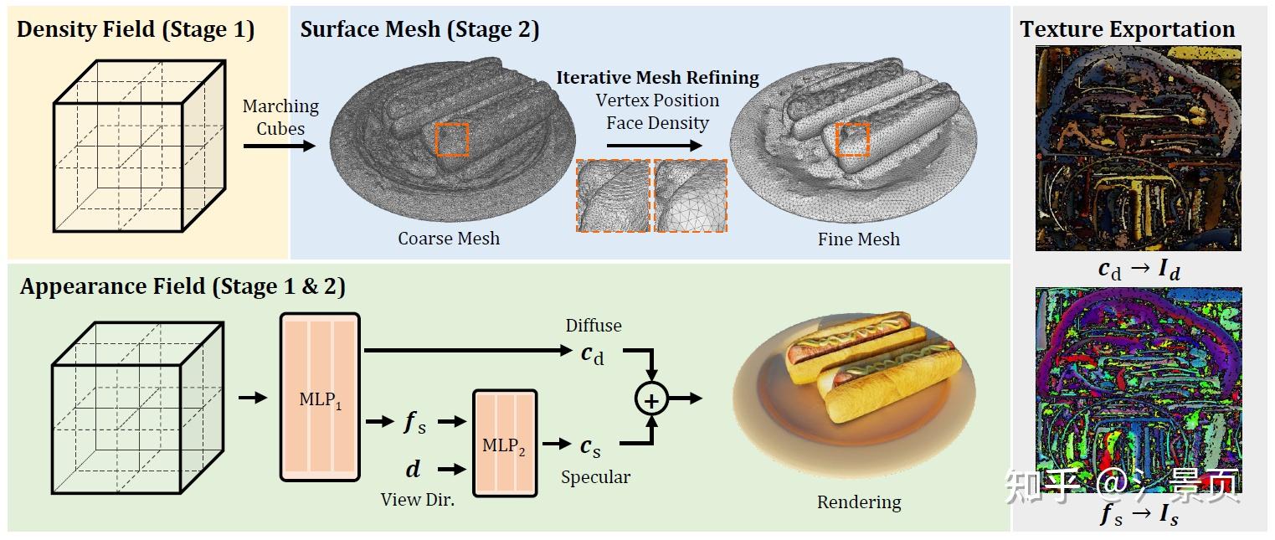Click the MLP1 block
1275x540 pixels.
tap(320, 398)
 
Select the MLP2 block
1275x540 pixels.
tap(504, 444)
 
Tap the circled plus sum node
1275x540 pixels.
tap(650, 399)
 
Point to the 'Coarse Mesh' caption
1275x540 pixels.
tap(449, 239)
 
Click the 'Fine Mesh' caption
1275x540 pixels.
tap(859, 239)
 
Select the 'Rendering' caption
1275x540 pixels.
tap(859, 502)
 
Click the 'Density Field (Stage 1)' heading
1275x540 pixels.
tap(136, 30)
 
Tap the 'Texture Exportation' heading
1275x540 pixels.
tap(1127, 30)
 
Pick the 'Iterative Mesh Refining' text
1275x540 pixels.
tap(657, 79)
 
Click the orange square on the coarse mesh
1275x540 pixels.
tap(452, 139)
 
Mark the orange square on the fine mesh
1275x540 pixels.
tap(852, 139)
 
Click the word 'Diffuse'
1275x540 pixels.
tap(594, 326)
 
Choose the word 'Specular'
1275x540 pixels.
tap(595, 477)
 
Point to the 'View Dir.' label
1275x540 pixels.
tap(418, 500)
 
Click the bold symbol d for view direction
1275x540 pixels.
tap(413, 469)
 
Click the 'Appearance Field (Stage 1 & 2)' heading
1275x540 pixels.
tap(183, 287)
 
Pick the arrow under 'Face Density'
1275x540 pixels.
tap(653, 146)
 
